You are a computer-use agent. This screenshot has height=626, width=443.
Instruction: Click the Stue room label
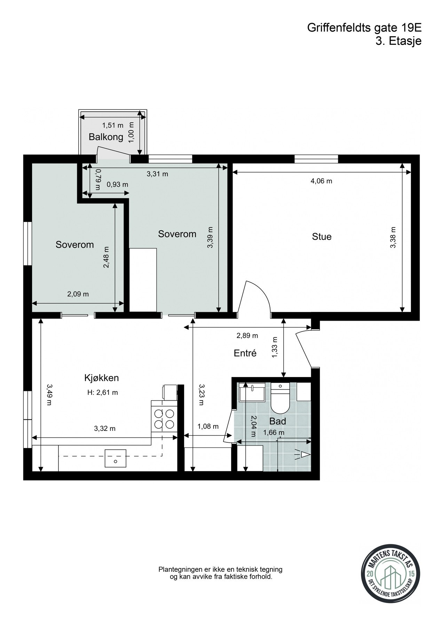coord(322,237)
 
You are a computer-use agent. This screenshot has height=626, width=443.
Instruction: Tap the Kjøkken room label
coord(102,378)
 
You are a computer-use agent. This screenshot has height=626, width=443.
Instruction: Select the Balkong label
coord(106,137)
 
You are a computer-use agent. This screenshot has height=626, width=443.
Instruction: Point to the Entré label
coord(245,353)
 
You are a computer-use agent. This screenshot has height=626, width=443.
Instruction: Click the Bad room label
coord(278,422)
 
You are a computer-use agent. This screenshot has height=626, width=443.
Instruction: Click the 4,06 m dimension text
coord(321,181)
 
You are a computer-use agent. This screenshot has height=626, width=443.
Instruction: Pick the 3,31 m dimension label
coord(157,174)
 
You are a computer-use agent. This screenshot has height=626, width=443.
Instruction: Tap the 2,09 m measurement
coord(78,294)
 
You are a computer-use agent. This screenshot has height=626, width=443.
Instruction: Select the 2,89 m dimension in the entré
coord(247,336)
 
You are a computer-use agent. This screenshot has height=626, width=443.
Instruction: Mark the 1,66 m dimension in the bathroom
coord(274,433)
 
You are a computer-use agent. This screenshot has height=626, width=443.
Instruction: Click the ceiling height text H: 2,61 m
coord(103,393)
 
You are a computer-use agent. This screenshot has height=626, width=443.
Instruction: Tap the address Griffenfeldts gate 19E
coord(364,28)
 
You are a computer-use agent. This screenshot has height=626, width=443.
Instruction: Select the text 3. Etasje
coord(398,41)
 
